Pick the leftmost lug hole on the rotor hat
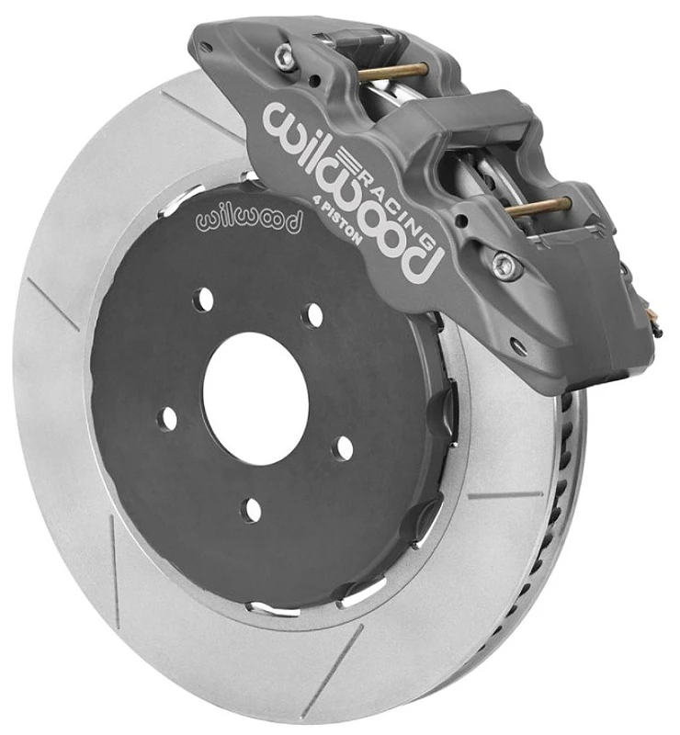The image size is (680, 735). click(x=168, y=419)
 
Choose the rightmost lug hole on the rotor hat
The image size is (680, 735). click(x=343, y=448)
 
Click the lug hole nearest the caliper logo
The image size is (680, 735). click(x=315, y=315)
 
